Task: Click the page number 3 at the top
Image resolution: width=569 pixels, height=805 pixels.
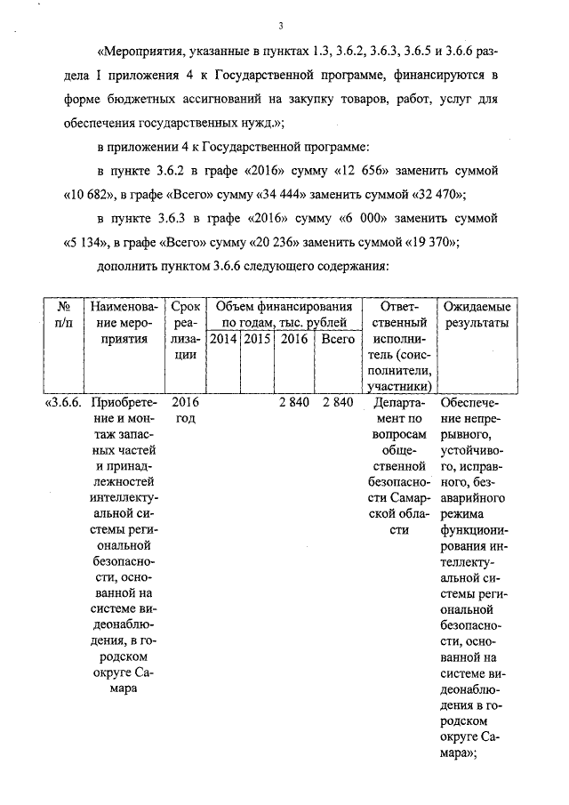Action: click(280, 24)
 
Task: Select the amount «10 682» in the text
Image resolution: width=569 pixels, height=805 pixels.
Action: click(90, 193)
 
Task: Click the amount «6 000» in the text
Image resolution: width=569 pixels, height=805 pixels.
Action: click(385, 217)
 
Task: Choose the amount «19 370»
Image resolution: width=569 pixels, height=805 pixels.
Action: click(437, 241)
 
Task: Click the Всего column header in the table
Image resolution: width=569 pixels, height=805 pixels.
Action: click(338, 339)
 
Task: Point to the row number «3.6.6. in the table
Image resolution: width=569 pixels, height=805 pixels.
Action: click(63, 402)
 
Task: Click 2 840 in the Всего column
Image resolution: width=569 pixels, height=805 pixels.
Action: click(338, 402)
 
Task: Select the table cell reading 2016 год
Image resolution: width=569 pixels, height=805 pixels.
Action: click(185, 410)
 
